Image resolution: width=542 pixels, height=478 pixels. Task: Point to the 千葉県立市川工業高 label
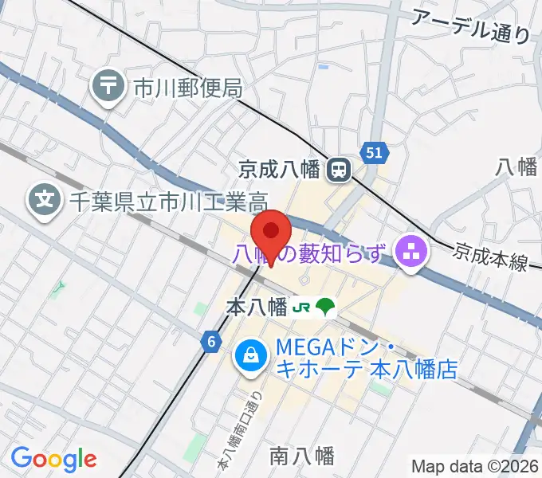pos(168,200)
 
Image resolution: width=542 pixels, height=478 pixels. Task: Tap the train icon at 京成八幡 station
pos(340,168)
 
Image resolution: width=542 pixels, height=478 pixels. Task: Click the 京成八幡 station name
pos(279,169)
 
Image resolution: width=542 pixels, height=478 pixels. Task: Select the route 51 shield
pos(375,152)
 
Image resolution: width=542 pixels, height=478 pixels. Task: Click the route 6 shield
pos(210,342)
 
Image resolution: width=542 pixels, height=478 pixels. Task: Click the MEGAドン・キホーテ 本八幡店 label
pos(367,358)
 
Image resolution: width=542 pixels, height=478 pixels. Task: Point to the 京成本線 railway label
pos(491,257)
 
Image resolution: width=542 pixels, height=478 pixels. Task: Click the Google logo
pos(53,460)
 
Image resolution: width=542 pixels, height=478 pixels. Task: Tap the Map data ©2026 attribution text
pos(475,466)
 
